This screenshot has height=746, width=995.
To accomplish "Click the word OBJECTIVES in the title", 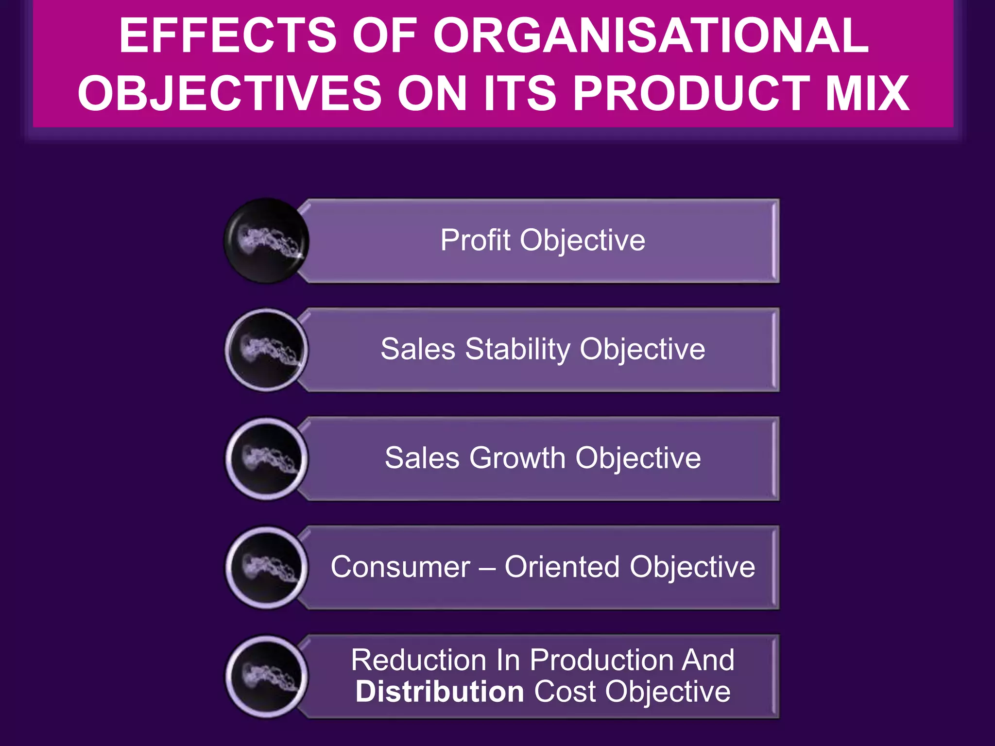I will coord(230,93).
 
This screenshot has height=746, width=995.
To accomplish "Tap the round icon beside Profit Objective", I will coord(266,240).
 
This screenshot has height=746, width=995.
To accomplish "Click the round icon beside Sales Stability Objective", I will coord(266,350).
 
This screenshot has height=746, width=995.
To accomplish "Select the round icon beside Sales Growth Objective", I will coord(266,458).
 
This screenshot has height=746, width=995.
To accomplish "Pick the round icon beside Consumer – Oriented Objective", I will coord(266,567).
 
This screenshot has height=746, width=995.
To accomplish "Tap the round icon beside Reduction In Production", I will coord(266,677).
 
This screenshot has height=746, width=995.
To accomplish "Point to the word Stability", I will coord(518,350).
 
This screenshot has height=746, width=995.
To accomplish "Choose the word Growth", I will coord(517,458).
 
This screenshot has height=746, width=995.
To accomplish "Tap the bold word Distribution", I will coord(440,691).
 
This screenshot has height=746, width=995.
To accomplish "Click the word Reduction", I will coord(418,660).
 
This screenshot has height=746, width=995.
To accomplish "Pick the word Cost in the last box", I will coord(565,691).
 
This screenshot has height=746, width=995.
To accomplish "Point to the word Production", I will coord(601,660).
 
